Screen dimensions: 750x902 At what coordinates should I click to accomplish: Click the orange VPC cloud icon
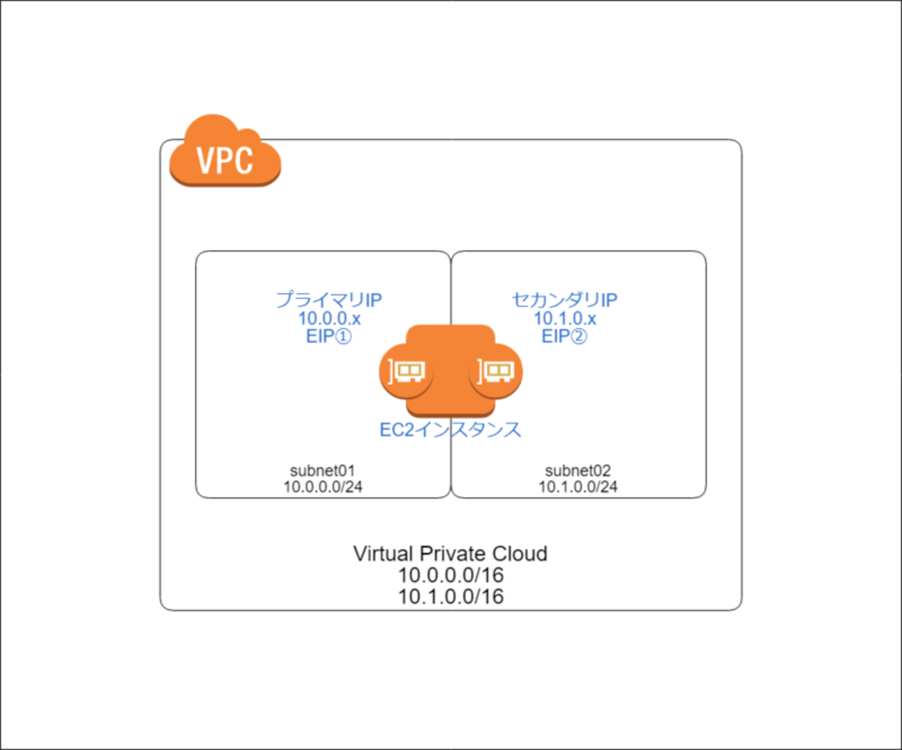225,153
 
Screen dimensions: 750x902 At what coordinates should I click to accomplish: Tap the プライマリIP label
329,300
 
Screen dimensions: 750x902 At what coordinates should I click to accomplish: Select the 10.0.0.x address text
329,318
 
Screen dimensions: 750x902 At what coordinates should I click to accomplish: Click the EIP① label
329,336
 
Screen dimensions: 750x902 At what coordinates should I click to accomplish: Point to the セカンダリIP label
564,300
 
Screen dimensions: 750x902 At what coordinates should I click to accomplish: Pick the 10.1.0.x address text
564,318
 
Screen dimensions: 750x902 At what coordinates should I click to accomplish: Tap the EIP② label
564,336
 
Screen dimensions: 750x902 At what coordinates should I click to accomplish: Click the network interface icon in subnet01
406,371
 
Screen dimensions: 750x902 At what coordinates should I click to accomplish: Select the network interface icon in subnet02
496,371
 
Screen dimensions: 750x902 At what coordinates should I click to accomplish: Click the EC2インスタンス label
450,430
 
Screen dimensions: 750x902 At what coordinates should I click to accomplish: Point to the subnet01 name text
323,471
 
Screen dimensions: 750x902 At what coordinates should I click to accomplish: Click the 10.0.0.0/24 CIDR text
323,487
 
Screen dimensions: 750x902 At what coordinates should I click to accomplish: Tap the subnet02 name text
578,471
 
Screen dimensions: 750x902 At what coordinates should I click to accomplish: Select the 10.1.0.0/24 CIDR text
578,487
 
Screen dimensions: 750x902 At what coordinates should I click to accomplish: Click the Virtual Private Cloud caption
450,554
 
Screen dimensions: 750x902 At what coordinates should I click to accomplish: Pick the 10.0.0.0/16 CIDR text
450,575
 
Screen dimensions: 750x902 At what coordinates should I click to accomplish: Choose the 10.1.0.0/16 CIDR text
450,597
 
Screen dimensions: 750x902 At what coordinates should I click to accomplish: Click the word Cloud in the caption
520,554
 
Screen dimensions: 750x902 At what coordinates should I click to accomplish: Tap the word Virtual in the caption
383,554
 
